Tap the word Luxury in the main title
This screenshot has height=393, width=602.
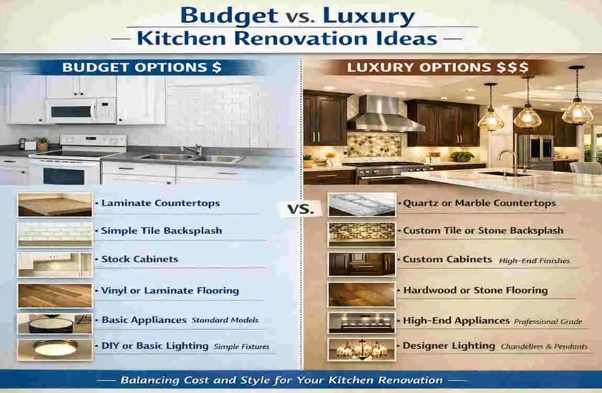tap(369, 17)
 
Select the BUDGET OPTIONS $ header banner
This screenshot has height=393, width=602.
tap(142, 68)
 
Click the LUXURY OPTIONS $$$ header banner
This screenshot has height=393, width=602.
tap(438, 68)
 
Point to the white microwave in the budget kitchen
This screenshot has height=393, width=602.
tap(81, 111)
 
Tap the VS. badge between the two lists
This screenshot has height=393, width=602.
tap(300, 210)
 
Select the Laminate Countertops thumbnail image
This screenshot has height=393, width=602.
tap(55, 205)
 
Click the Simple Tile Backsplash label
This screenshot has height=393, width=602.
tap(161, 231)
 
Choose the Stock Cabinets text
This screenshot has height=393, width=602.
tap(140, 259)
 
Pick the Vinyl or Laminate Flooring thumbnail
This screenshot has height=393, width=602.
tap(55, 296)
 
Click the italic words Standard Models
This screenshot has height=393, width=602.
tap(225, 320)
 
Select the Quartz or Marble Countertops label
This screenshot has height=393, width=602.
tap(480, 203)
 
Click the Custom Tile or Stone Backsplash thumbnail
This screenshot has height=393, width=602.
tap(362, 234)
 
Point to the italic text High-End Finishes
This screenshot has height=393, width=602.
tap(534, 260)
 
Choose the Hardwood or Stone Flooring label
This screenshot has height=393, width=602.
tap(475, 290)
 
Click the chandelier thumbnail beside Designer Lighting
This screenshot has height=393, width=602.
tap(362, 349)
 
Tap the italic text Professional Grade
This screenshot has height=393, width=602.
tap(548, 321)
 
